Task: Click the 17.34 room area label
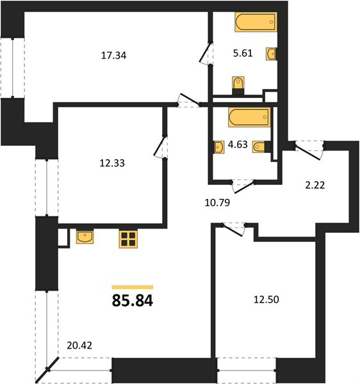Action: (x=114, y=56)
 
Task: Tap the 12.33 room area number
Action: (x=112, y=163)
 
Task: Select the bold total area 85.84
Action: (x=133, y=301)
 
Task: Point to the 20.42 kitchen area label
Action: (x=79, y=346)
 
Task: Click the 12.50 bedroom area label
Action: (x=266, y=300)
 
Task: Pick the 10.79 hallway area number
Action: (x=217, y=202)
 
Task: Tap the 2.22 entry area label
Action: (x=315, y=185)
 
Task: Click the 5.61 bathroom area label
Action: (x=243, y=53)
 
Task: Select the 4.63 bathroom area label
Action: (x=238, y=145)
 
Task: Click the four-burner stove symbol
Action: (x=128, y=239)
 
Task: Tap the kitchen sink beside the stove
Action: (x=85, y=237)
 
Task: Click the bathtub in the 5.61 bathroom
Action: (x=256, y=22)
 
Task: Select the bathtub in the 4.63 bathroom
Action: (x=249, y=117)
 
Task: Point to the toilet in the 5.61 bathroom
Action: (x=238, y=85)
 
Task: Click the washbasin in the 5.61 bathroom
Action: (x=272, y=54)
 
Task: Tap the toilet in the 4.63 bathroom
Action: (x=261, y=147)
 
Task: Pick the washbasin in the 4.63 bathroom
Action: (x=219, y=147)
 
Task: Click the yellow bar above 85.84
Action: (x=133, y=287)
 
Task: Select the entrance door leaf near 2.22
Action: (x=307, y=152)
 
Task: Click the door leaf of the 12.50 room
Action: (x=233, y=230)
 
